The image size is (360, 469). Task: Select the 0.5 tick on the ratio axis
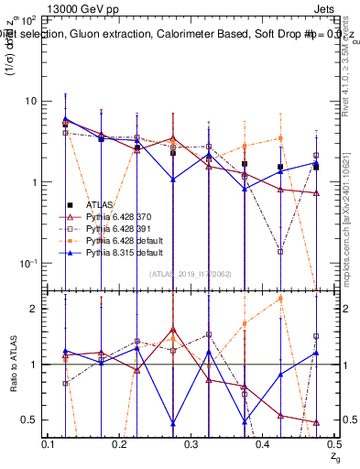29,420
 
